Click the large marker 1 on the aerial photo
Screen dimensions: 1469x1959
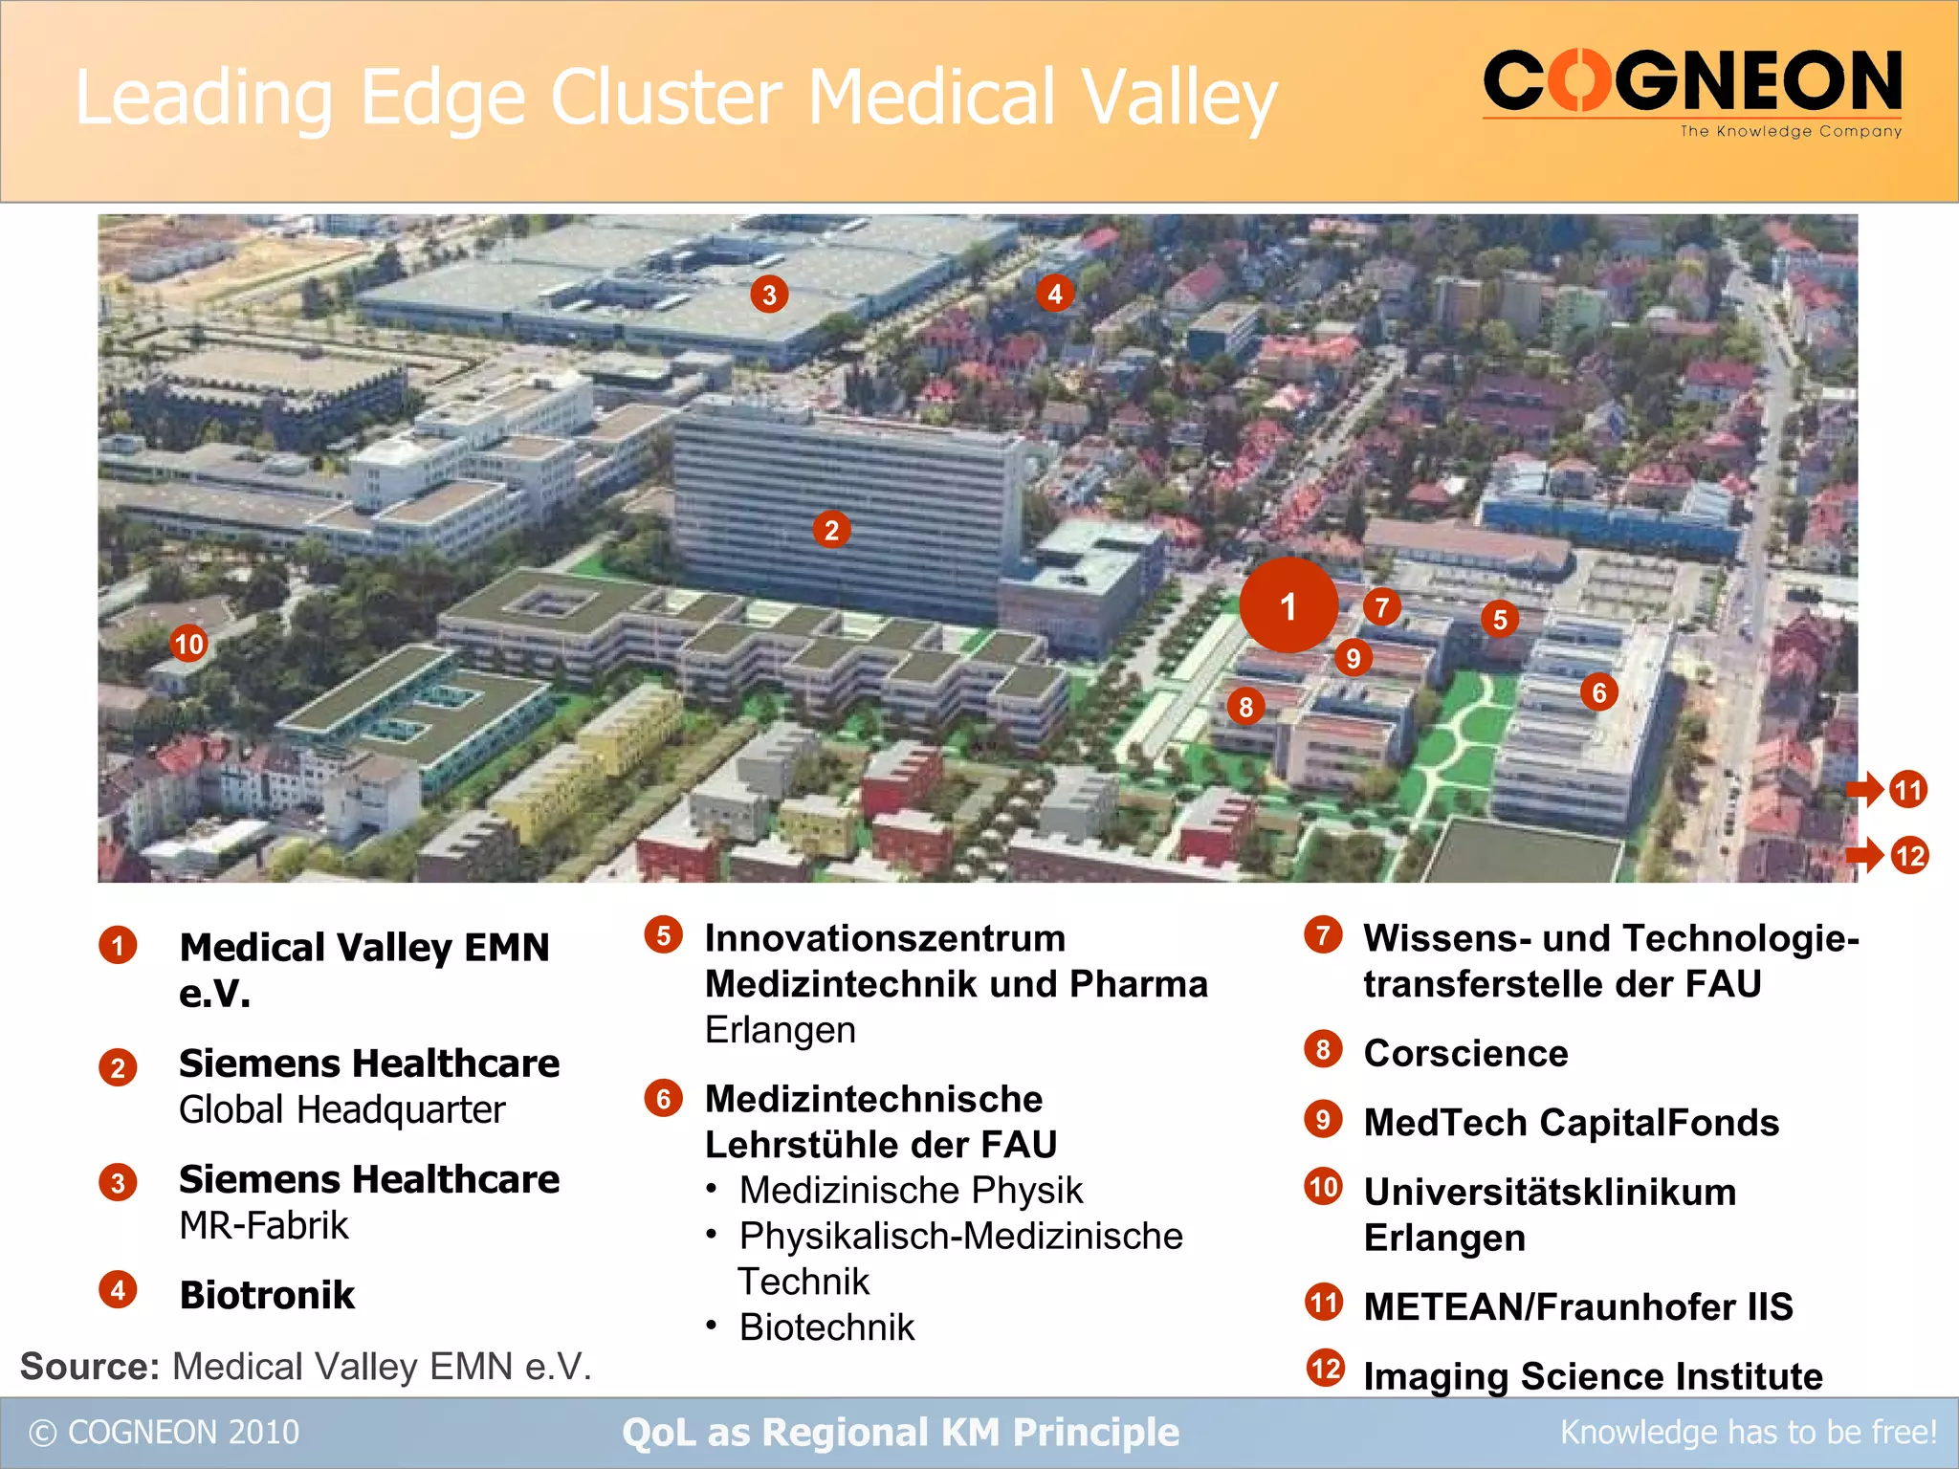(1288, 605)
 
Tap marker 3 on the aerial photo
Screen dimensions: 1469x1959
(769, 295)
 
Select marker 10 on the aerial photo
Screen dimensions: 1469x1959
(188, 644)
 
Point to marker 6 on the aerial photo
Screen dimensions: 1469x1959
(1598, 692)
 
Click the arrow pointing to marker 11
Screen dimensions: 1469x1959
(1864, 790)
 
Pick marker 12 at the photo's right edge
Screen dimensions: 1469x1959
(1909, 855)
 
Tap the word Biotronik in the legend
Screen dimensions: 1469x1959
(267, 1295)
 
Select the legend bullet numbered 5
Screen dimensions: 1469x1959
(663, 935)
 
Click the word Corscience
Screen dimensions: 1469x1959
(1465, 1053)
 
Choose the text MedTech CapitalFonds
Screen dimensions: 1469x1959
(1571, 1123)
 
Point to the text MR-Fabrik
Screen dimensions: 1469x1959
(264, 1225)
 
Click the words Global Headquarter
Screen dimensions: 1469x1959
(341, 1109)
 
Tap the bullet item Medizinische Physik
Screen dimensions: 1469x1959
(911, 1191)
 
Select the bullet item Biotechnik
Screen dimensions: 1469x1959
(826, 1327)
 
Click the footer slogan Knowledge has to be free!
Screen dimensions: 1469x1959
(1748, 1433)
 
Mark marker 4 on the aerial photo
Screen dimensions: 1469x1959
(1054, 294)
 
